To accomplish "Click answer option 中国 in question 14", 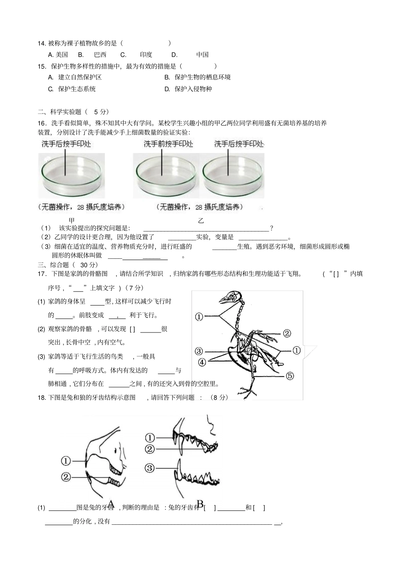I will click(x=202, y=55).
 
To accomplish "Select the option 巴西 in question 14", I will click(x=100, y=55).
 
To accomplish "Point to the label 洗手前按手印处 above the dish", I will click(x=168, y=144).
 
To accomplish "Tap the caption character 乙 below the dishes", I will click(x=201, y=221).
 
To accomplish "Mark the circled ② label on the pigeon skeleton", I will click(x=286, y=333).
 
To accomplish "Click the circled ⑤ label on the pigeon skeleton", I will click(x=289, y=376).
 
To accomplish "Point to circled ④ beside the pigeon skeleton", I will click(x=202, y=361).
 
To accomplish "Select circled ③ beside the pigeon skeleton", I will click(x=199, y=351).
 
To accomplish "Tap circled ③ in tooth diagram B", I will click(x=150, y=468).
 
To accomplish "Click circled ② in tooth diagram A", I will click(x=66, y=477).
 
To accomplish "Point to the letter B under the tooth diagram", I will click(x=200, y=504).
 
